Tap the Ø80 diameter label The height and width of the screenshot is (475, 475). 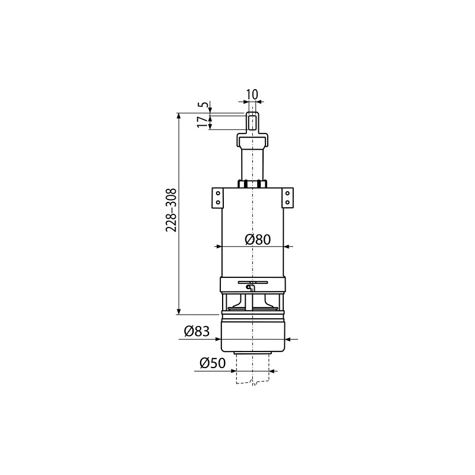click(x=258, y=240)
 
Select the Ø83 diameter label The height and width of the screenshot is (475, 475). click(x=197, y=331)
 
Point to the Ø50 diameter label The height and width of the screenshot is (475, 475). click(x=213, y=363)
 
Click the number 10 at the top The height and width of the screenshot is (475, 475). click(x=252, y=94)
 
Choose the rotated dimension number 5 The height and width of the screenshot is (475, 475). click(x=205, y=104)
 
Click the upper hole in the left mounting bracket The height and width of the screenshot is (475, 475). click(x=217, y=193)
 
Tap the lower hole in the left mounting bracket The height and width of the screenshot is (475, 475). click(x=217, y=202)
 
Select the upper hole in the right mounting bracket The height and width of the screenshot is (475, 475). click(x=287, y=193)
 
